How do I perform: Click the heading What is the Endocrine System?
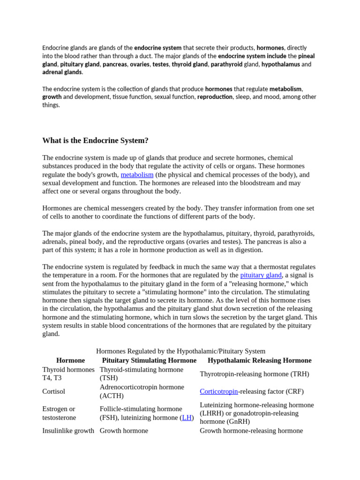coord(95,141)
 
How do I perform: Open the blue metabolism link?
coord(137,174)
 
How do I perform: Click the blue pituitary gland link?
coord(261,275)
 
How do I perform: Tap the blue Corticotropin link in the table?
coord(219,391)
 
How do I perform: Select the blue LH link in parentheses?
coord(187,417)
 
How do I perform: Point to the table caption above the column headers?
coord(180,351)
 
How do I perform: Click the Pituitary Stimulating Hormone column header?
coord(149,360)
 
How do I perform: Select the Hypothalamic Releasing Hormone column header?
coord(259,360)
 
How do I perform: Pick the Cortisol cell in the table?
coord(54,391)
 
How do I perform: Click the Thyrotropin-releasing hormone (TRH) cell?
coord(255,374)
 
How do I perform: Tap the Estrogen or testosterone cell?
coord(59,413)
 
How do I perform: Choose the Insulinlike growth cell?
coord(68,430)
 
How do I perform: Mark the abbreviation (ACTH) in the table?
coord(112,396)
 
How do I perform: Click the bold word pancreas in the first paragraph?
coord(114,64)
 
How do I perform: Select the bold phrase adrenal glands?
coord(62,72)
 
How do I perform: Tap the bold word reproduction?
coord(215,97)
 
